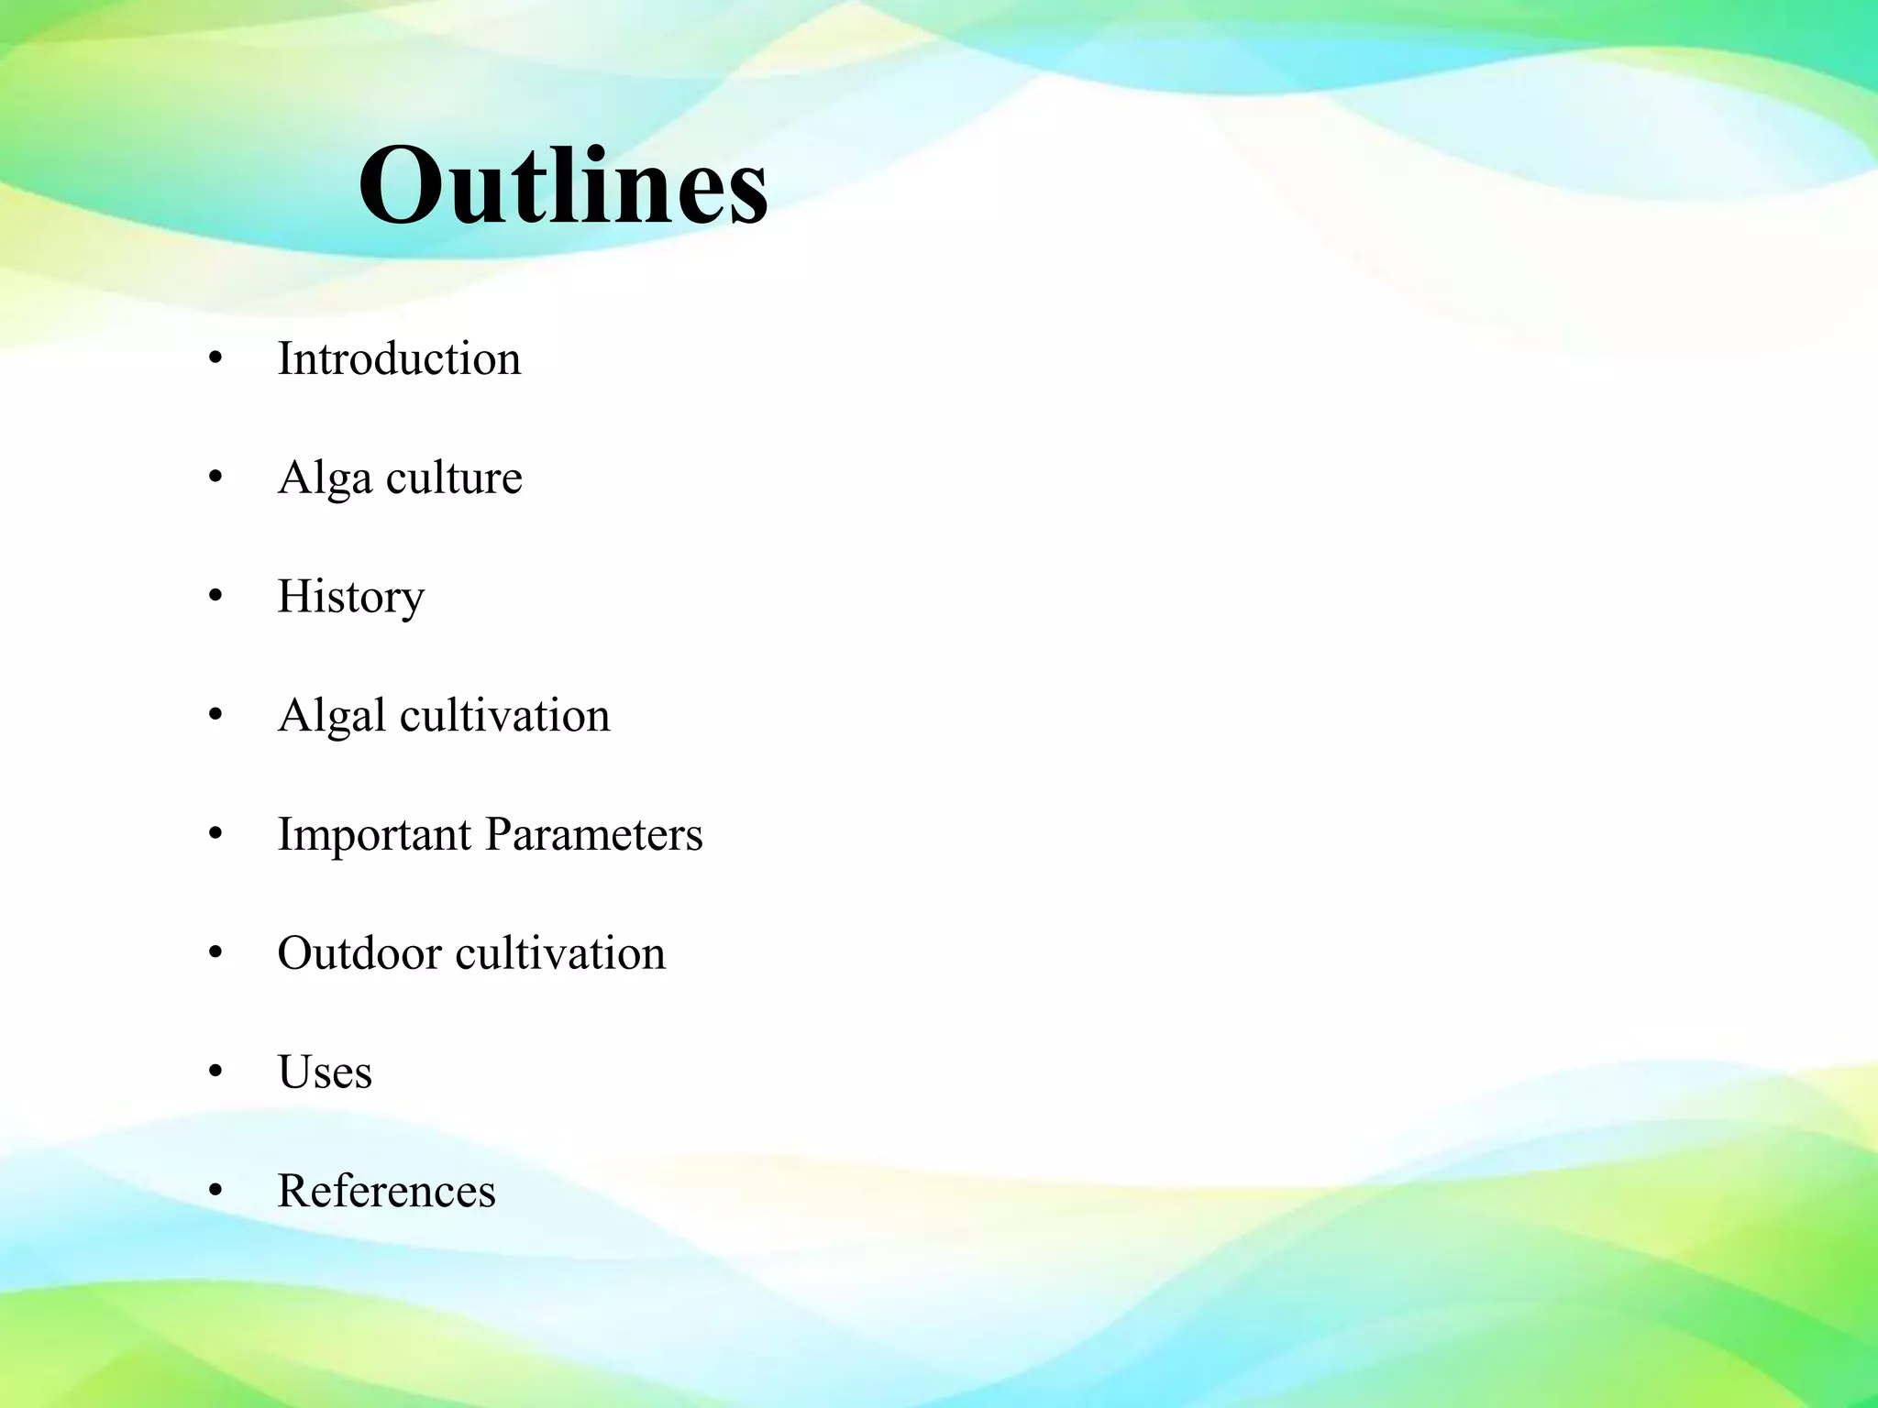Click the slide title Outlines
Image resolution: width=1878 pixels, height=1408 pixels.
(x=563, y=187)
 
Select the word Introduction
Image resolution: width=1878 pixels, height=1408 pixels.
(x=399, y=358)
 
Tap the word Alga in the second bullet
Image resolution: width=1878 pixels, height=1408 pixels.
(x=325, y=478)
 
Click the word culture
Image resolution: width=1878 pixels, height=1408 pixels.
(x=454, y=478)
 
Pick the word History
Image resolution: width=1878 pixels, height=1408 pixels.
(x=351, y=598)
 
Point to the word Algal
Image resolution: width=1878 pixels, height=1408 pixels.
(x=332, y=716)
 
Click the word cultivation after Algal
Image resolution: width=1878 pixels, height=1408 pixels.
(x=504, y=715)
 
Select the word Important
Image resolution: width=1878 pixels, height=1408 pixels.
(x=374, y=835)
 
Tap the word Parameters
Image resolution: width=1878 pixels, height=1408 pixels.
(x=593, y=834)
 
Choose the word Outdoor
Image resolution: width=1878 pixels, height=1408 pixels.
(x=359, y=953)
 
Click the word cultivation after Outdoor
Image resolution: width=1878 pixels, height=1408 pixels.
(x=560, y=953)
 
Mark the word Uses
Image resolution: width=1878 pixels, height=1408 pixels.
(x=325, y=1072)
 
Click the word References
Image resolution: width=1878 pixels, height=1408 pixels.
(x=386, y=1191)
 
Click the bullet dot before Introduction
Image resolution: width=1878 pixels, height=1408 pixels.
(x=215, y=359)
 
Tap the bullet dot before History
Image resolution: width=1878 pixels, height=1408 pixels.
(x=215, y=598)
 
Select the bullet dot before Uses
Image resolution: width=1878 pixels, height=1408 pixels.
(x=215, y=1072)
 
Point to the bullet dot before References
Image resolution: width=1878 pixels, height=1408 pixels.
(x=215, y=1192)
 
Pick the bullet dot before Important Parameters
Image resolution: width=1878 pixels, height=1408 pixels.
(x=215, y=835)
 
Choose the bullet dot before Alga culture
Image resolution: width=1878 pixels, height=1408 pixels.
(x=215, y=478)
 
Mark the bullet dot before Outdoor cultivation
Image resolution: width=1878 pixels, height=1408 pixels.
(x=215, y=954)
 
